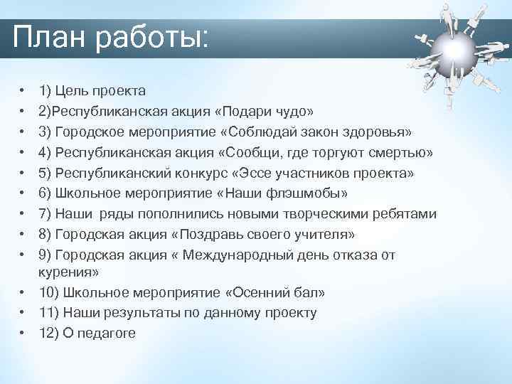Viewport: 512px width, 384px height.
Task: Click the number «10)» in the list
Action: click(x=50, y=293)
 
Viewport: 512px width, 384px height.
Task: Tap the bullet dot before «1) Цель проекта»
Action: click(x=23, y=91)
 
